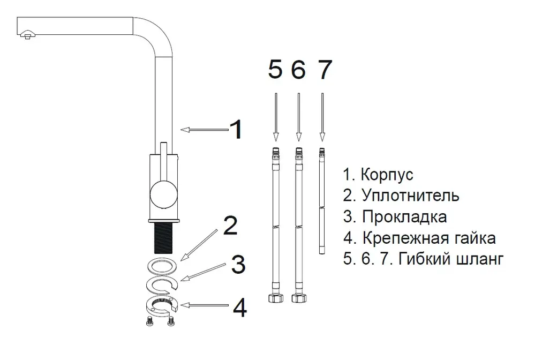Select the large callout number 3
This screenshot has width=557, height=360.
click(238, 264)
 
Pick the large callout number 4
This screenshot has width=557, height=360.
click(240, 307)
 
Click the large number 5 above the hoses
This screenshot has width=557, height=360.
click(275, 69)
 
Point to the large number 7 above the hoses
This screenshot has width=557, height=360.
click(324, 69)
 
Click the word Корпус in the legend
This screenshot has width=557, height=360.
click(387, 175)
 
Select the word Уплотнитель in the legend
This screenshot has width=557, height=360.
click(410, 196)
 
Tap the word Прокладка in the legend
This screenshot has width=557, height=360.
click(404, 217)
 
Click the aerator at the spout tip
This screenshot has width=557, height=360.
click(28, 35)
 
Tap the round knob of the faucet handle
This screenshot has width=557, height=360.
click(163, 194)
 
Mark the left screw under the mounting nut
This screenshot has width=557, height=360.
click(150, 321)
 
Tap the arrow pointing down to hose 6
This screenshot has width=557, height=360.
click(299, 117)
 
